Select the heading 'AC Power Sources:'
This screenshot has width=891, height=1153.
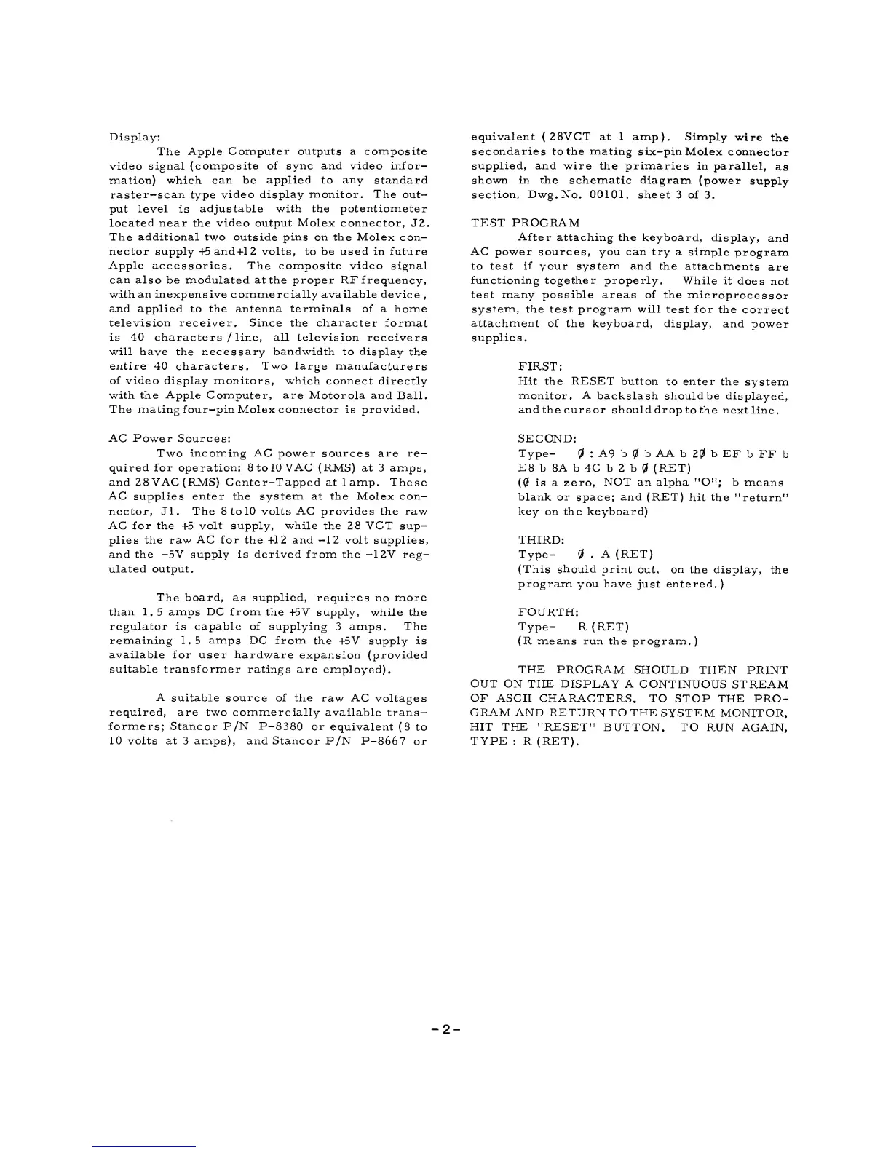click(x=169, y=439)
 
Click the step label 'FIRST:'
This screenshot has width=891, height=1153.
click(x=539, y=367)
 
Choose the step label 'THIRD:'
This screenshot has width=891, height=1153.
click(x=541, y=540)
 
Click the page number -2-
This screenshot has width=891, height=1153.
click(x=445, y=1030)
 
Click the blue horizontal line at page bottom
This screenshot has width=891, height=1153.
click(x=144, y=1146)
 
